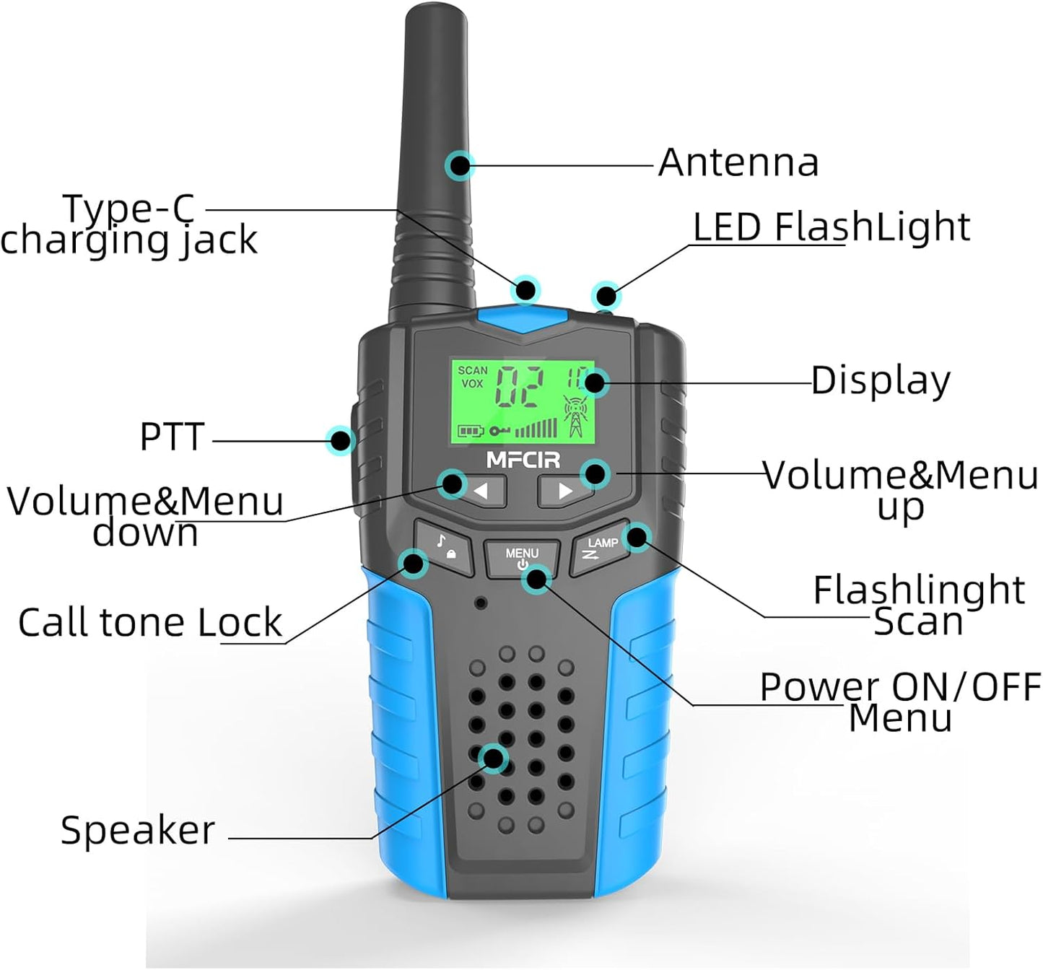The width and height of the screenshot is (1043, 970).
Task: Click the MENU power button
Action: (x=521, y=558)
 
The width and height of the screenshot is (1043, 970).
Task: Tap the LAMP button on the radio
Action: (x=601, y=549)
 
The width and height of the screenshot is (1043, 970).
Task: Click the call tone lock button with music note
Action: (x=443, y=548)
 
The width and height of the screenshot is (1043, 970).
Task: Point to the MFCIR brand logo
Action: (x=523, y=460)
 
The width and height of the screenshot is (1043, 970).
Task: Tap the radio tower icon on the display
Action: (x=575, y=416)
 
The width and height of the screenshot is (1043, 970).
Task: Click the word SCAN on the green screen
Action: (x=473, y=370)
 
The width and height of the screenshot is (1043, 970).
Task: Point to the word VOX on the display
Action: (x=472, y=383)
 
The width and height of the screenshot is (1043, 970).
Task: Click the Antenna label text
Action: (x=739, y=162)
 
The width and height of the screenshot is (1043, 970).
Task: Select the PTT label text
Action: (x=172, y=437)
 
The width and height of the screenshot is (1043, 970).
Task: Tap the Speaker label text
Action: (x=138, y=830)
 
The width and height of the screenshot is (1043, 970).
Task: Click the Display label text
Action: (x=881, y=380)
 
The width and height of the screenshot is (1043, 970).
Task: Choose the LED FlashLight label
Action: (x=832, y=227)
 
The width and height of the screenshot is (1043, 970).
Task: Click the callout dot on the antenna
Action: (x=459, y=166)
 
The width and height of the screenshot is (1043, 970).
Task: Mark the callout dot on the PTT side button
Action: (x=340, y=440)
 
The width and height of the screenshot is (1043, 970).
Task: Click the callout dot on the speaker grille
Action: (x=494, y=759)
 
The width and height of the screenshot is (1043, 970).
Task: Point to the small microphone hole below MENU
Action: (x=480, y=602)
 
